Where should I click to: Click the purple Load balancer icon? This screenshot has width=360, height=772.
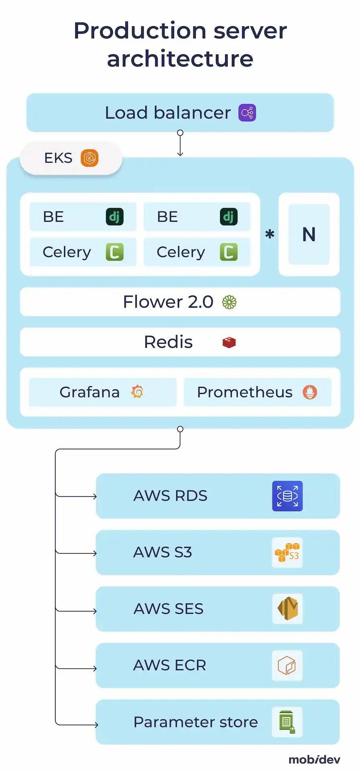coord(247,113)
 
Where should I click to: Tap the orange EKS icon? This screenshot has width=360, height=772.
coord(89,158)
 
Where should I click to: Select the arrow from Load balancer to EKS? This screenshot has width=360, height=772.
coord(180,144)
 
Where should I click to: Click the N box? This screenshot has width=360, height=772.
coord(309,234)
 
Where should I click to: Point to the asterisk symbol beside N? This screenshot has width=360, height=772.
coord(270,234)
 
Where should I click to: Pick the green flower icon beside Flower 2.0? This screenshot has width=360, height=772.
coord(229,302)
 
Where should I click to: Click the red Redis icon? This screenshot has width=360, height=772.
coord(229,342)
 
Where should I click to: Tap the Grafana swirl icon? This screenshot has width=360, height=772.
coord(137,392)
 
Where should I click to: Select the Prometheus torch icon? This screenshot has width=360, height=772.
coord(310,392)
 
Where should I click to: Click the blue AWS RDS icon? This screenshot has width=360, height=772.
coord(287,496)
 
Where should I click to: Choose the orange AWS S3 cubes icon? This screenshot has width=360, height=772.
coord(287,553)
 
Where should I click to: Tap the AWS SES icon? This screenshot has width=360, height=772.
coord(287,609)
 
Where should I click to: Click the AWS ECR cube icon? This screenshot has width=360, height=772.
coord(287,666)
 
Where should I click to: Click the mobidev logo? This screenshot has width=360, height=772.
coord(314,760)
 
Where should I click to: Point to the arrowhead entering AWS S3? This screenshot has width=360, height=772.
coord(95,554)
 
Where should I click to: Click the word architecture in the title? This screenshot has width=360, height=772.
coord(180,59)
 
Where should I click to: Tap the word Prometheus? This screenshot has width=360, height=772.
coord(244,392)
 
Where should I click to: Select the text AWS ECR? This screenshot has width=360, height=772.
coord(170,666)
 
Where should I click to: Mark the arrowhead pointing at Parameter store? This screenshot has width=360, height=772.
coord(96,725)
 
